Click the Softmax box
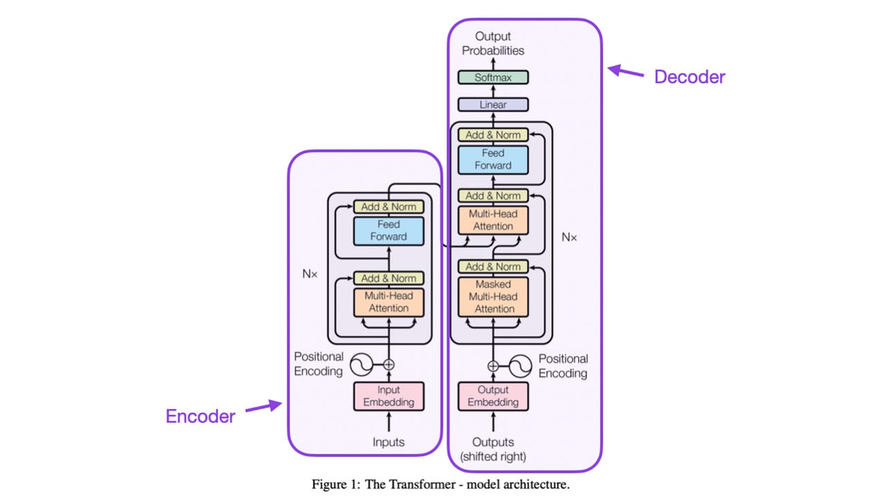coord(493,78)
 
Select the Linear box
coord(493,105)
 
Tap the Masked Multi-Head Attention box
coord(493,297)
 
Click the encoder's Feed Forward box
coord(388,231)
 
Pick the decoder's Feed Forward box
coord(493,159)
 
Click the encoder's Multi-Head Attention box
coord(388,302)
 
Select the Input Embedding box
coord(388,396)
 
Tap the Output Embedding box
coord(493,396)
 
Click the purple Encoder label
coord(200,417)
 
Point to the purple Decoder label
coord(689,77)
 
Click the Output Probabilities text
coord(493,43)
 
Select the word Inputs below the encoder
coord(388,442)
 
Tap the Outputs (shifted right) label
coord(493,449)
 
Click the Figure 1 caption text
coord(440,484)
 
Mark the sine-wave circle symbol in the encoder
coord(361,364)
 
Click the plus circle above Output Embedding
coord(493,365)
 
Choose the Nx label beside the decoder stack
coord(569,237)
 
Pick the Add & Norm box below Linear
coord(493,134)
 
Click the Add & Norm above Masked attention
coord(493,267)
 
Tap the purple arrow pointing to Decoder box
coord(625,71)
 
